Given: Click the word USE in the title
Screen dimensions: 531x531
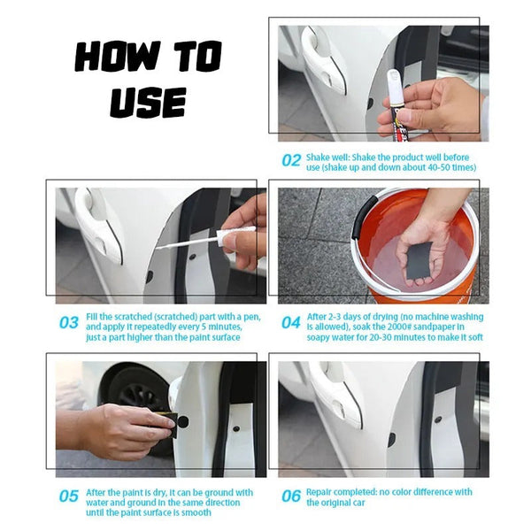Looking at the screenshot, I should click(147, 101).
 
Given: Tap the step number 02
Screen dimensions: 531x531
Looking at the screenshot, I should click(291, 160).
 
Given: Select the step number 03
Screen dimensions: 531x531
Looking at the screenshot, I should click(69, 323).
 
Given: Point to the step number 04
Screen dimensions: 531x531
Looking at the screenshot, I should click(291, 323).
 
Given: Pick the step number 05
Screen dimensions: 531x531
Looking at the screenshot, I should click(69, 496).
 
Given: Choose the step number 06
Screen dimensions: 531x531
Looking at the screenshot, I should click(291, 496).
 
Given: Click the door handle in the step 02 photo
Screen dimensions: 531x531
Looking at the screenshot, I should click(319, 58).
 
